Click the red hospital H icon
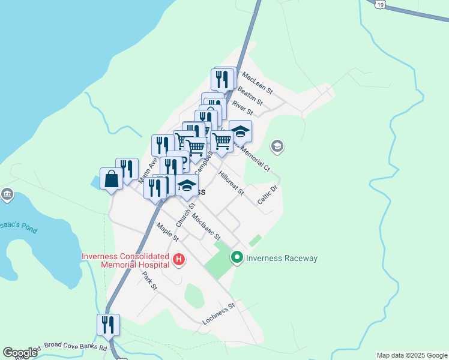pos(178,260)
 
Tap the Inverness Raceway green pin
pos(237,258)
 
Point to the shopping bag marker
pos(111,179)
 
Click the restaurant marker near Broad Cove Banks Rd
pos(108,325)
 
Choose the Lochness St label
pos(218,314)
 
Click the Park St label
pos(149,281)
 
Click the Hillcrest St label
pos(232,184)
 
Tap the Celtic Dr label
pos(267,196)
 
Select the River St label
pos(243,108)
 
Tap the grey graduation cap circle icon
pos(277,146)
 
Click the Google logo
pos(20,353)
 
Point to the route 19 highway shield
pos(381,4)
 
